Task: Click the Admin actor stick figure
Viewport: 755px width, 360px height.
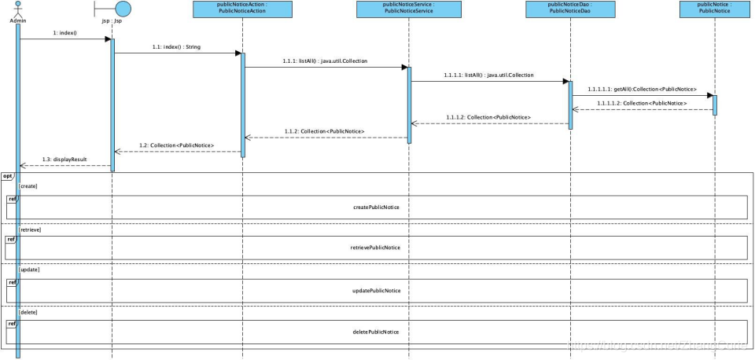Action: coord(17,9)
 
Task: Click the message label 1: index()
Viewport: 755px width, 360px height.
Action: coord(64,33)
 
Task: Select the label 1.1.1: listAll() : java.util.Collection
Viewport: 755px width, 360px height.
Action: coord(324,61)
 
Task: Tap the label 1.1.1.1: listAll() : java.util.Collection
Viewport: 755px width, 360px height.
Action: coord(488,75)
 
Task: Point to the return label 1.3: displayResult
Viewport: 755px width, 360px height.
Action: coord(64,159)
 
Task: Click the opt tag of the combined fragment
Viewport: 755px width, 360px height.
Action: coord(7,175)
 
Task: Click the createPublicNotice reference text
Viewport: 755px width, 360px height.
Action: coord(376,207)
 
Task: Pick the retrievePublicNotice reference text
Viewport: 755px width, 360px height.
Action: coord(375,248)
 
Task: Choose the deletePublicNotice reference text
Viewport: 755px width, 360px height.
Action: coord(375,332)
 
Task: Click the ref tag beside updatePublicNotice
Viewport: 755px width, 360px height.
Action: coord(11,281)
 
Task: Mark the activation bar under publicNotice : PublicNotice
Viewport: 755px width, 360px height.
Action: coord(715,104)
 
